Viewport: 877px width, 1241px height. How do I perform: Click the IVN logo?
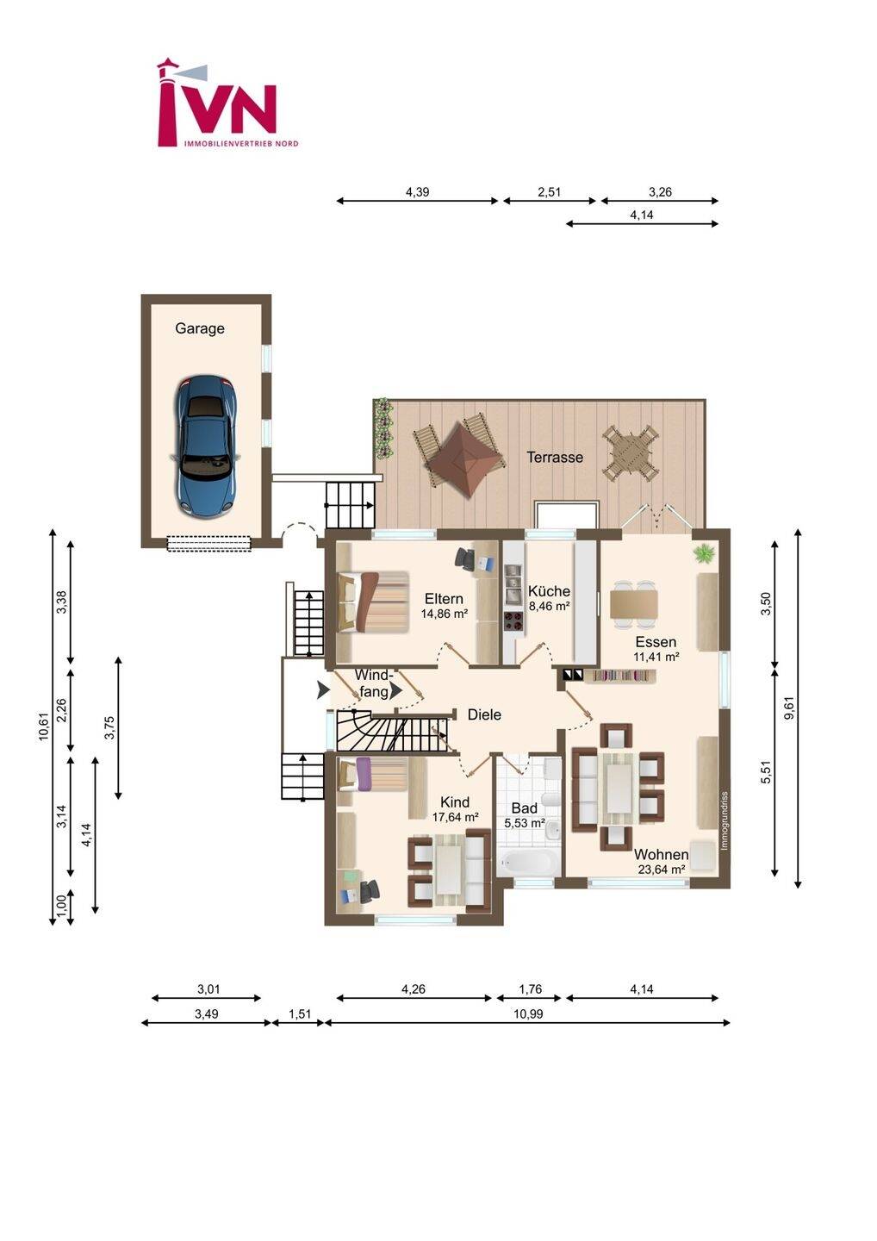(227, 103)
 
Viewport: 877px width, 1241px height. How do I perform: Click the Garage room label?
(200, 328)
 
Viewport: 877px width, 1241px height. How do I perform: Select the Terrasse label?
(555, 457)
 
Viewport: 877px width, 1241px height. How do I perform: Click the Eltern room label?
(444, 598)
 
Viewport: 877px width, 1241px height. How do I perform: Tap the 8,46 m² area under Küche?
(550, 606)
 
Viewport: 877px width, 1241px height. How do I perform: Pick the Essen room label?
(656, 642)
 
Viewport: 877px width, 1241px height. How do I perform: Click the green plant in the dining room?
(704, 552)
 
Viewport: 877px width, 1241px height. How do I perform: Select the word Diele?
(484, 714)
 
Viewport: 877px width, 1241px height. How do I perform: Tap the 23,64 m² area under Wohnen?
(662, 870)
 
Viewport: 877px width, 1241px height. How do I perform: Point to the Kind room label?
(455, 801)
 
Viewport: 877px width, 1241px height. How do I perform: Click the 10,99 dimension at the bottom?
(528, 1013)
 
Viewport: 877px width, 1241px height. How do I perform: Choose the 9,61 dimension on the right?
(789, 708)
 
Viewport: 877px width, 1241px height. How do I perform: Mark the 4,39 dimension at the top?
(418, 192)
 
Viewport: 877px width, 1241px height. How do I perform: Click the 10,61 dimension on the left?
(44, 727)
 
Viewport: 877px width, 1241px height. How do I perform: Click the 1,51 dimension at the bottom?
(300, 1013)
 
